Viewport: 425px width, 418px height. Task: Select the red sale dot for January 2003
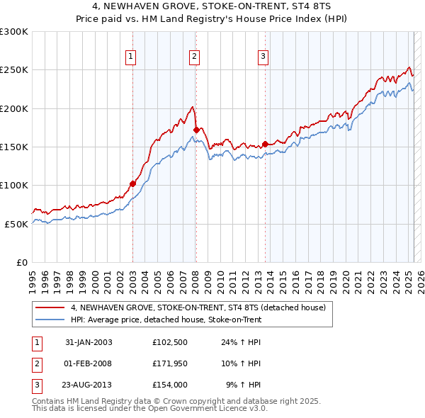click(x=132, y=183)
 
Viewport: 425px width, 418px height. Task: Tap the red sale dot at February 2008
click(x=195, y=130)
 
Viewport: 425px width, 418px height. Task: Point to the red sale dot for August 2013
click(x=265, y=144)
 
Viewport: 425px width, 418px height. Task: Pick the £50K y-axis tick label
click(x=17, y=224)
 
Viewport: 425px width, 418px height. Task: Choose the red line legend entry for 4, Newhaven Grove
click(x=198, y=307)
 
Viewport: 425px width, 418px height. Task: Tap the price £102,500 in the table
click(x=169, y=342)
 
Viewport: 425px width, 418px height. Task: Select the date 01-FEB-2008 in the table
click(x=89, y=363)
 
